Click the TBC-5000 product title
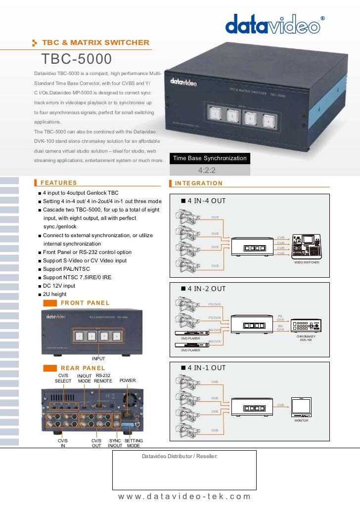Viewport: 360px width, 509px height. [77, 59]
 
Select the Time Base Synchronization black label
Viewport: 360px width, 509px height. [210, 158]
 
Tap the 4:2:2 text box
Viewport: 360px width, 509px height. [210, 170]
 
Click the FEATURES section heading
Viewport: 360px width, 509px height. [58, 183]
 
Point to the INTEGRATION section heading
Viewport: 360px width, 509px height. [198, 183]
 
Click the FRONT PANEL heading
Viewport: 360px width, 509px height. [85, 303]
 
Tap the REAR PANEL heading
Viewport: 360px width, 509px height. [83, 368]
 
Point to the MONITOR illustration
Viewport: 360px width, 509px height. [301, 406]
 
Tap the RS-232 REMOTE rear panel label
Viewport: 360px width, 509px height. [103, 379]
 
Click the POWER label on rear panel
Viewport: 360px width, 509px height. [128, 381]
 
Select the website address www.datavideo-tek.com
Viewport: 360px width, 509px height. [184, 497]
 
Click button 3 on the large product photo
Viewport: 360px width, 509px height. [251, 119]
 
